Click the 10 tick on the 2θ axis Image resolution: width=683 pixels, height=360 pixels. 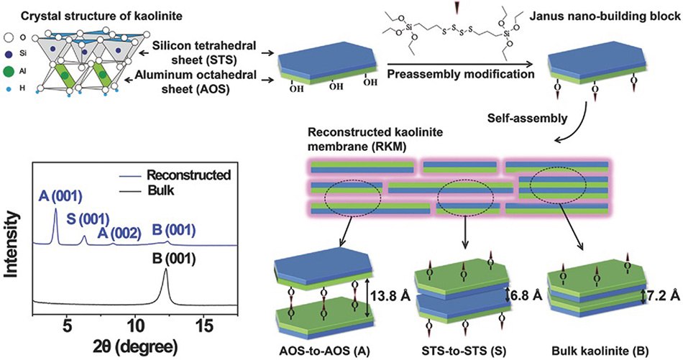pos(134,324)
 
